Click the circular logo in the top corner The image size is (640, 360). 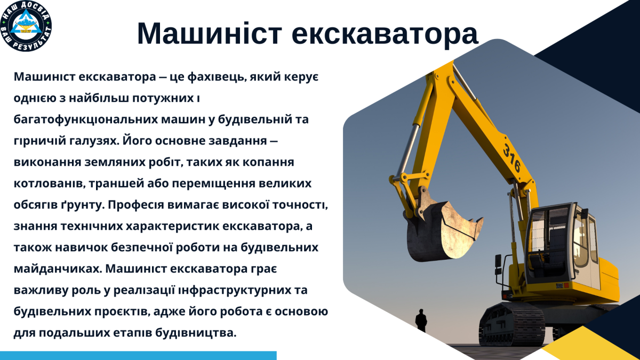26,26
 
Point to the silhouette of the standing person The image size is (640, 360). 421,321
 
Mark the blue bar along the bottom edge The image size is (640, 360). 138,355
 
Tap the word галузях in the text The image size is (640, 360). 87,141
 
